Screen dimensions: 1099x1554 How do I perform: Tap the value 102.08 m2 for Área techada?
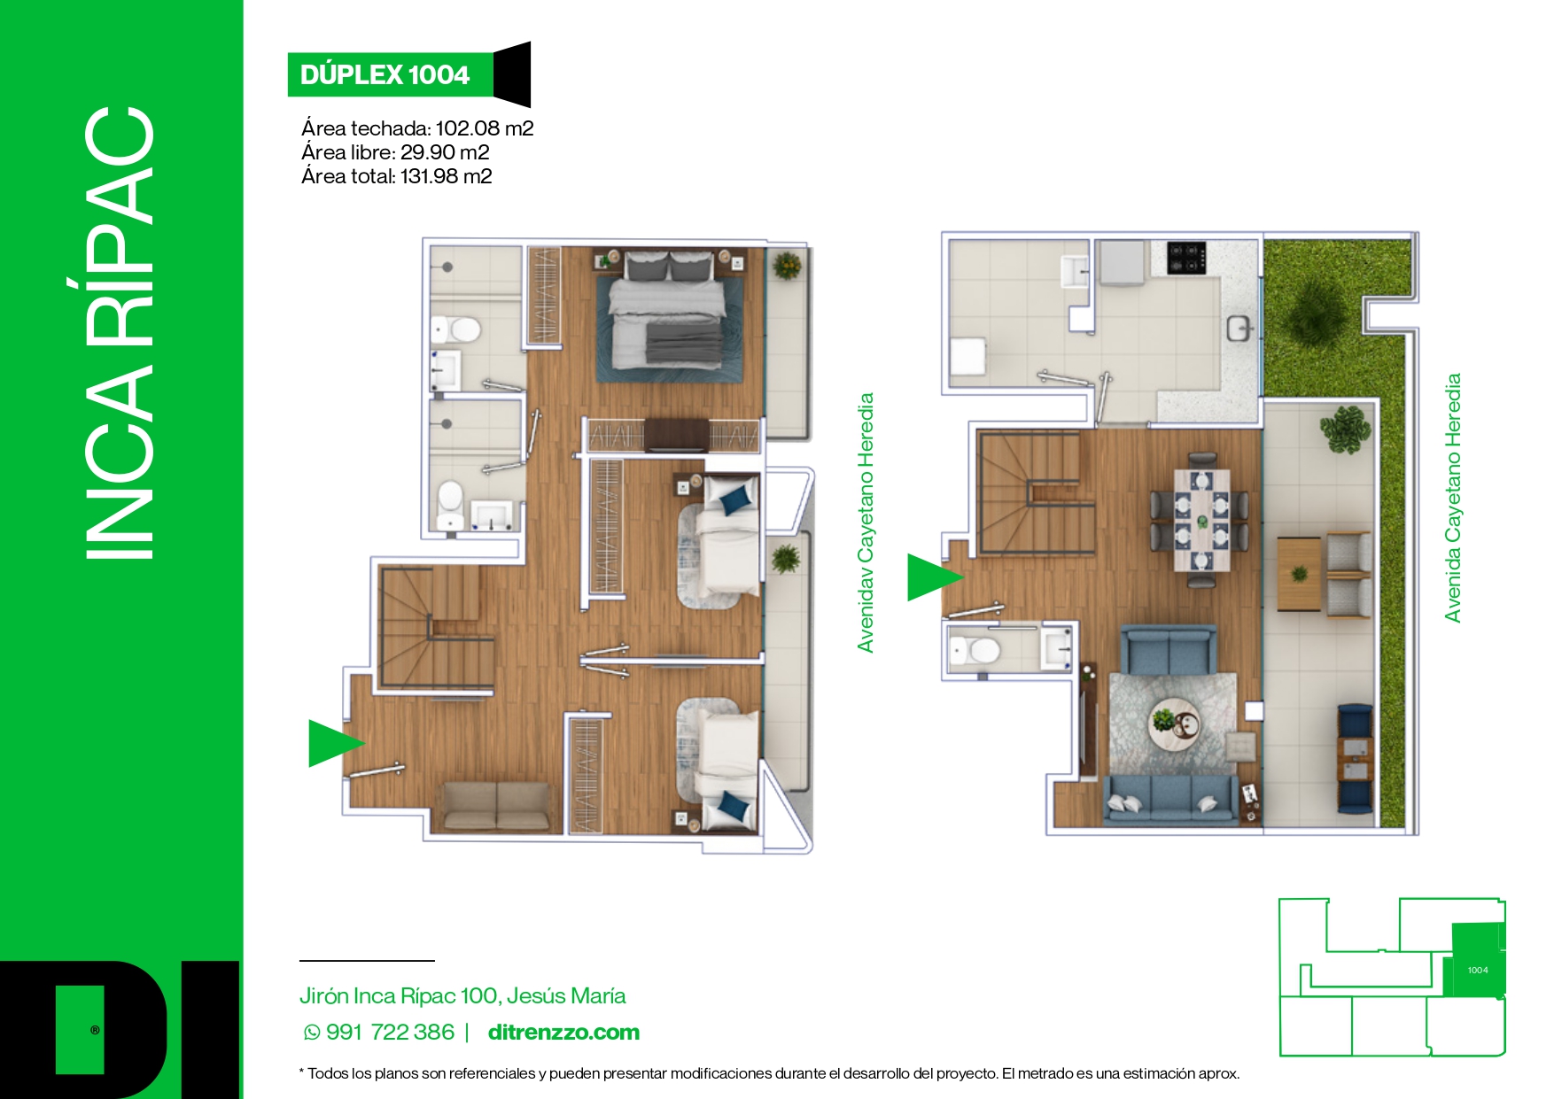click(x=485, y=128)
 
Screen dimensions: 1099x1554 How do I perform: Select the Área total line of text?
click(x=396, y=176)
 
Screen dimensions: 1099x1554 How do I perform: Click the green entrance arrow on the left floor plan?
click(x=333, y=742)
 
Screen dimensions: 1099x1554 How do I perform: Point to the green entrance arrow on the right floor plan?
click(x=931, y=577)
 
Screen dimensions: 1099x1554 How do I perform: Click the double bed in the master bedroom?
click(x=669, y=314)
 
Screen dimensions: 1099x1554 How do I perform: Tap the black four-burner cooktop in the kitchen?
click(x=1186, y=257)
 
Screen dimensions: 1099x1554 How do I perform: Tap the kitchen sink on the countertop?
click(x=1239, y=329)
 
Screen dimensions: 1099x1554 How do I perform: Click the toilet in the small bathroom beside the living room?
click(x=975, y=651)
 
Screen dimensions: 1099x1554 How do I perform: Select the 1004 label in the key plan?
click(x=1478, y=971)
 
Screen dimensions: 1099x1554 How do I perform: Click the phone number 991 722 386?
click(x=390, y=1032)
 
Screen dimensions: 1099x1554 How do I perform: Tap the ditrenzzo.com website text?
click(x=563, y=1032)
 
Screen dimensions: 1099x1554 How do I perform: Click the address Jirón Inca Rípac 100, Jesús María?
click(x=462, y=995)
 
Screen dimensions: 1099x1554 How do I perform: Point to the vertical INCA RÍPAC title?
click(x=120, y=332)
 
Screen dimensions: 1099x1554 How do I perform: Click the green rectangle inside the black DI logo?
click(x=80, y=1029)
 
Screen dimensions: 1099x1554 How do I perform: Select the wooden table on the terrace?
click(x=1300, y=574)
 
